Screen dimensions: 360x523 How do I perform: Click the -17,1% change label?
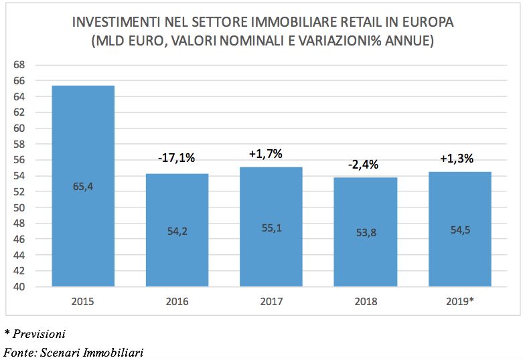pyautogui.click(x=177, y=159)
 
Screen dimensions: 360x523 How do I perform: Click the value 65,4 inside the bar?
pyautogui.click(x=83, y=187)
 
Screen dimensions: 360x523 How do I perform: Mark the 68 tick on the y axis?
pyautogui.click(x=19, y=65)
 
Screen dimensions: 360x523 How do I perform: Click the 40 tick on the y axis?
pyautogui.click(x=19, y=287)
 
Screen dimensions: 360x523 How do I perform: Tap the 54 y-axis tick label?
pyautogui.click(x=19, y=176)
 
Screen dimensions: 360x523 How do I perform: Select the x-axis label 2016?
pyautogui.click(x=177, y=302)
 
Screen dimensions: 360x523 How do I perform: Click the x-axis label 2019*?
pyautogui.click(x=460, y=302)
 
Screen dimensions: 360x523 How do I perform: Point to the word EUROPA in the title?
pyautogui.click(x=427, y=23)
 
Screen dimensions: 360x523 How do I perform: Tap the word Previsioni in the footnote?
pyautogui.click(x=40, y=333)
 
